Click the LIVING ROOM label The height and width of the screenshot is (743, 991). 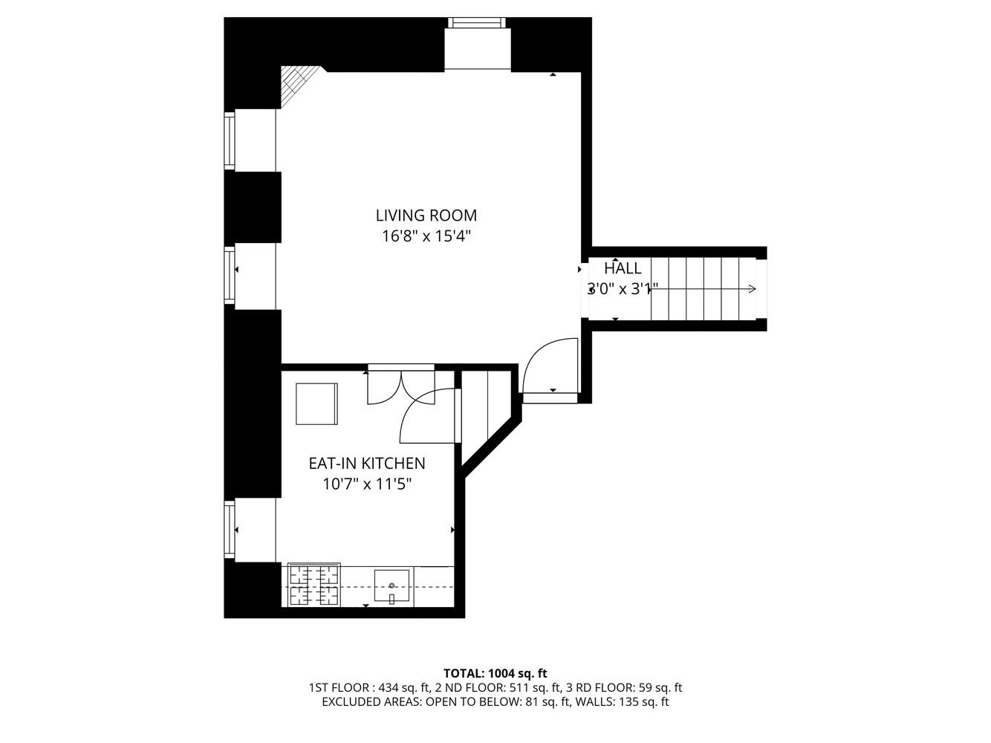[426, 215]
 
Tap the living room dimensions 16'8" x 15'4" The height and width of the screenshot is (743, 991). [426, 237]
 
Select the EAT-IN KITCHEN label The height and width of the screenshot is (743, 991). [367, 464]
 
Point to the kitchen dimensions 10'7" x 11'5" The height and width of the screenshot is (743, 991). [367, 484]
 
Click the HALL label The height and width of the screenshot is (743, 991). [623, 269]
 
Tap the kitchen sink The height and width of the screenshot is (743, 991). [392, 587]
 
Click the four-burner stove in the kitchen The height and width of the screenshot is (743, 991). [314, 585]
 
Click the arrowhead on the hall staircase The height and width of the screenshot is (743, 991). [753, 289]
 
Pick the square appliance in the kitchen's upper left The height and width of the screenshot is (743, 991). [316, 403]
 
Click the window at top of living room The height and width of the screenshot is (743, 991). [478, 23]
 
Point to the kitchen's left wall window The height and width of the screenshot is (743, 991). [230, 530]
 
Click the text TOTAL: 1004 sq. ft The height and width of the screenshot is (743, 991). [495, 674]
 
